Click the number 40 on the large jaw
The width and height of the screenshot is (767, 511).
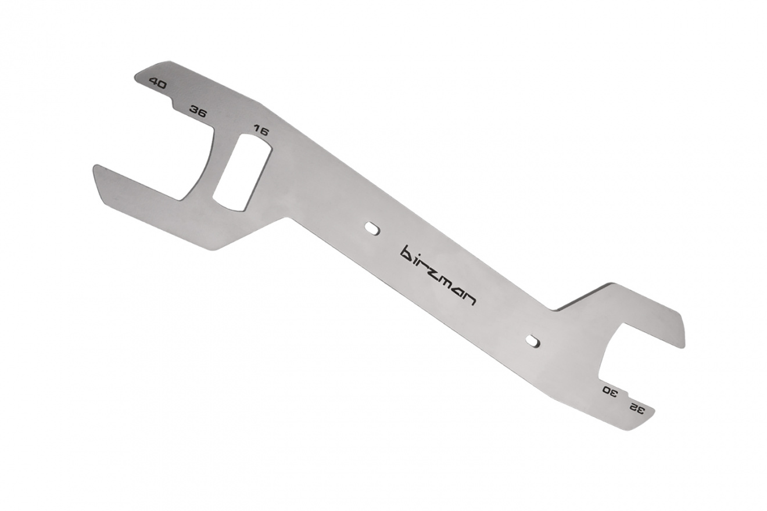coord(157,84)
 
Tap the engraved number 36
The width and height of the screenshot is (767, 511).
coord(198,111)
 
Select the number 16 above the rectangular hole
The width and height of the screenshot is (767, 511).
coord(260,131)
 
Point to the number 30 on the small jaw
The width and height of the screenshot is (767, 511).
coord(610,391)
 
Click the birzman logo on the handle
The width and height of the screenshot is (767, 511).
coord(438,275)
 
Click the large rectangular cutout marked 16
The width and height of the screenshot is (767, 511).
coord(242,172)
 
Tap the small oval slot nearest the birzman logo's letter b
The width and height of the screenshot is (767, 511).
coord(372,229)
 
